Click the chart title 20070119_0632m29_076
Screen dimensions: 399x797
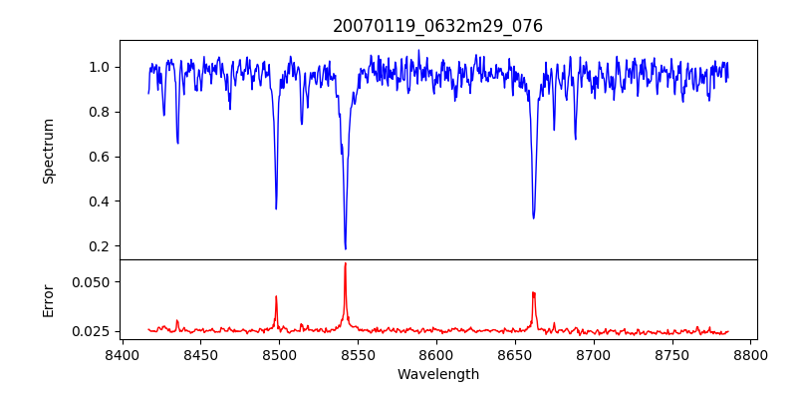(x=437, y=26)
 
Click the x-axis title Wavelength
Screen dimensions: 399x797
(x=437, y=374)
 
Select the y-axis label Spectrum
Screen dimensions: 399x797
(x=48, y=151)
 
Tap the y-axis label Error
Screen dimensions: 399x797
(x=48, y=300)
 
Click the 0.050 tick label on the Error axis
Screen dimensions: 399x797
(x=93, y=282)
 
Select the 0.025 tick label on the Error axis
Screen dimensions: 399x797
(x=93, y=331)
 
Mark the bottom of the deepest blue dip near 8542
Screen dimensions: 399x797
(x=346, y=248)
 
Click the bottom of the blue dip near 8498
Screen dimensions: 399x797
(x=276, y=208)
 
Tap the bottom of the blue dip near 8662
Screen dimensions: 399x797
(x=534, y=217)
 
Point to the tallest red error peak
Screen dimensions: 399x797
(x=346, y=263)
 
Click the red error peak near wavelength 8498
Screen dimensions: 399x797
(x=276, y=296)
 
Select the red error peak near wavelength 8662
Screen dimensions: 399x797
(x=534, y=292)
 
